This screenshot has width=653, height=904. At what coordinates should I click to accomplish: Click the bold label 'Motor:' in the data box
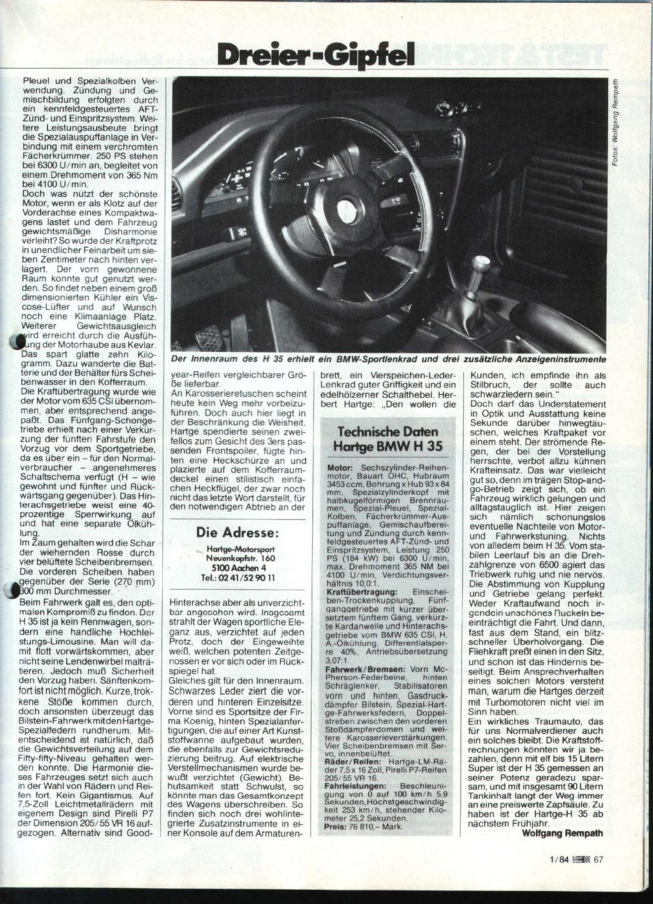[338, 468]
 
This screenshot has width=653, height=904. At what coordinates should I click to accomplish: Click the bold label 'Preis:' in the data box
[335, 826]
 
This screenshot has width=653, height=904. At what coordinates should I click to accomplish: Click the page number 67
[598, 858]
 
